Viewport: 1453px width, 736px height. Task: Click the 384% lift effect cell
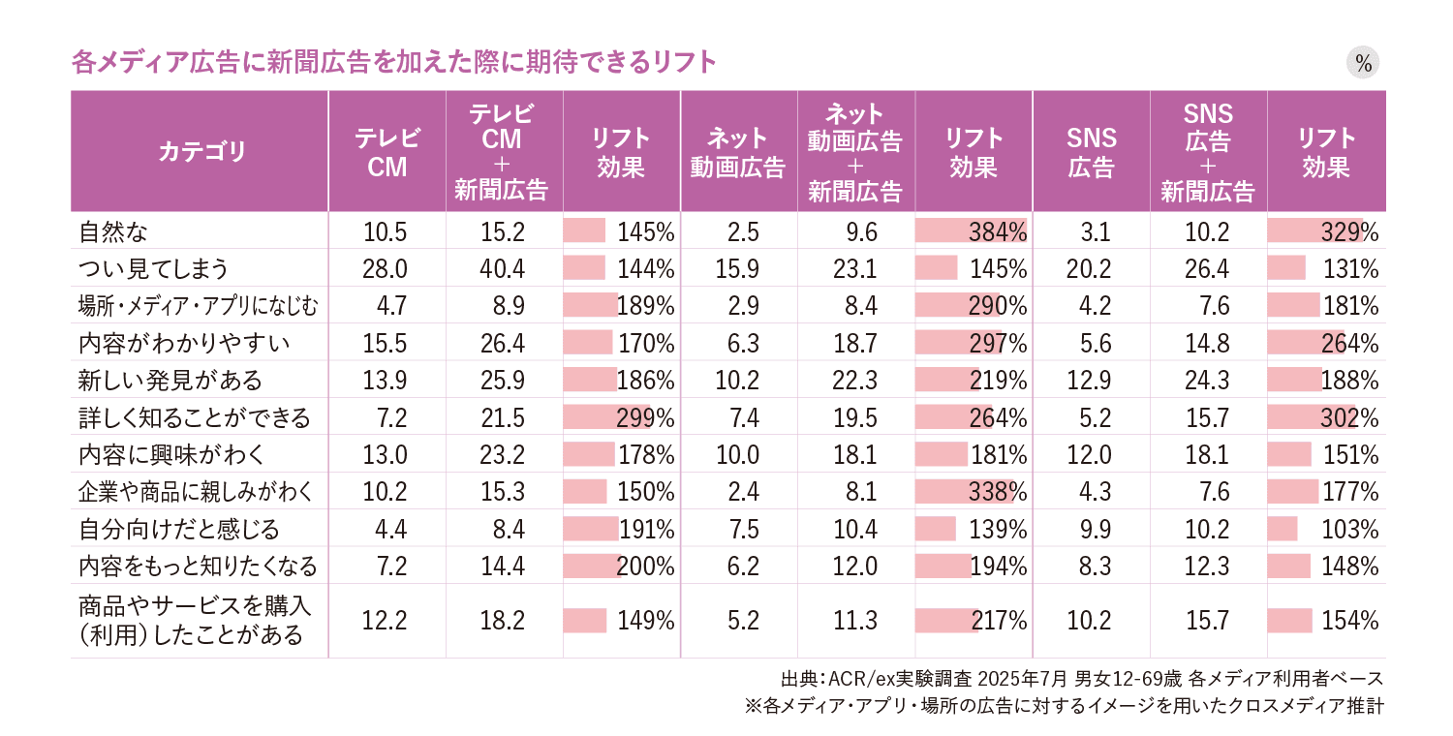coord(998,232)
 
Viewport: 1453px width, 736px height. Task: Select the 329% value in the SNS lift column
coord(1349,232)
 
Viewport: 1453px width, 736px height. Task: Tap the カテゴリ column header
coord(201,152)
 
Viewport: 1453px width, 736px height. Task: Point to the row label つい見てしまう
coord(153,269)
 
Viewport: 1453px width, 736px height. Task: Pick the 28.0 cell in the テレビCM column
coord(385,269)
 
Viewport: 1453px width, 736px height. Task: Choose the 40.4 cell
coord(502,269)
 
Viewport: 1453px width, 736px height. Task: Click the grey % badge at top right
coord(1363,64)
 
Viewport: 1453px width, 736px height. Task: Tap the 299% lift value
coord(646,418)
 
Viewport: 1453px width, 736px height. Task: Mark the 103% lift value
coord(1349,530)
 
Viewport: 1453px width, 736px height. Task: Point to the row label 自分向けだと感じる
coord(178,530)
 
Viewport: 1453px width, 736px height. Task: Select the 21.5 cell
coord(502,418)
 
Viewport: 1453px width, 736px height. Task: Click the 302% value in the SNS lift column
coord(1349,418)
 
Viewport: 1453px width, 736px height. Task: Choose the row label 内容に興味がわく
coord(170,455)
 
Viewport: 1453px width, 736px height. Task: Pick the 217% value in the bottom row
coord(998,621)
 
